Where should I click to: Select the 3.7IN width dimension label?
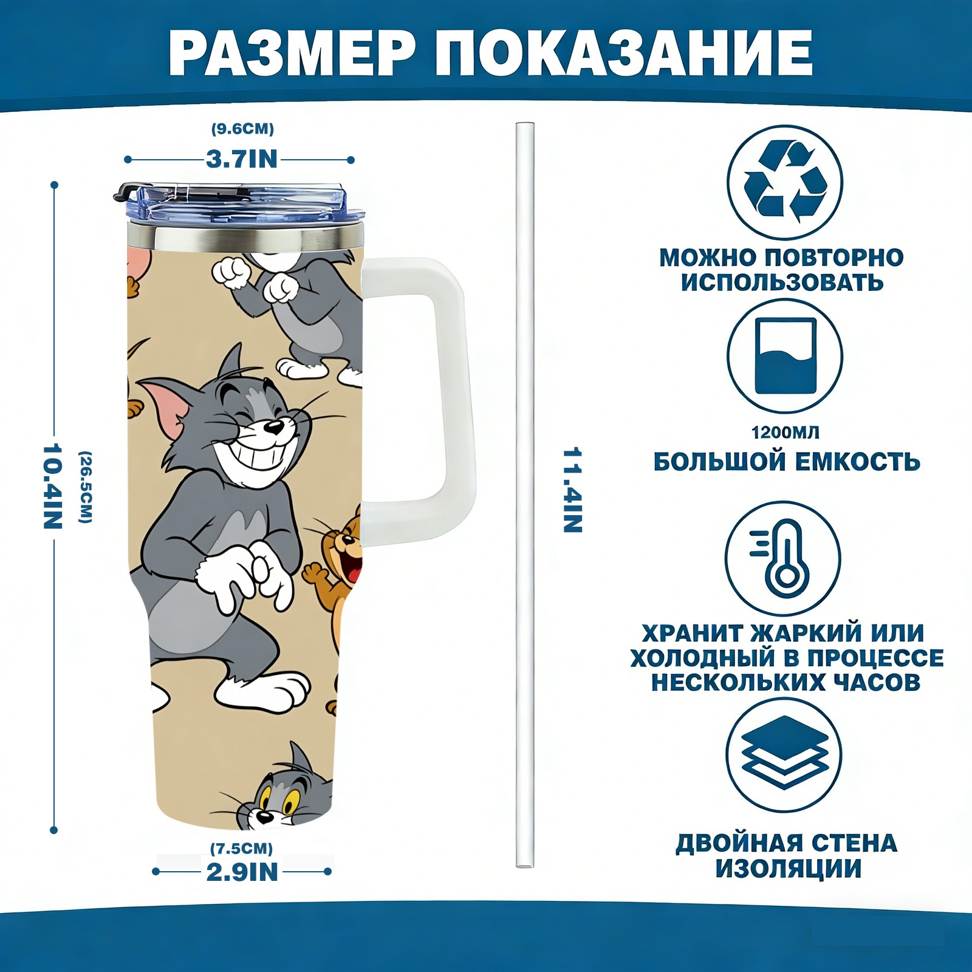click(x=241, y=159)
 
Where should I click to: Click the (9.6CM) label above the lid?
click(x=242, y=129)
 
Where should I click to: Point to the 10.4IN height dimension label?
click(x=53, y=486)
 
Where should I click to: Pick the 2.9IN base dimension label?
click(x=242, y=872)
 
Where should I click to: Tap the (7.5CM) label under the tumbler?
click(x=241, y=848)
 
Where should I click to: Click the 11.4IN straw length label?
click(x=573, y=490)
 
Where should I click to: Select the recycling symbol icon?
click(x=785, y=182)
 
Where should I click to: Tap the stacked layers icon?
click(x=784, y=755)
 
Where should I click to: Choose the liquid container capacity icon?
click(x=785, y=356)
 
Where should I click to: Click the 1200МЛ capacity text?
click(x=785, y=433)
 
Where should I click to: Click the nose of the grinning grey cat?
click(x=275, y=427)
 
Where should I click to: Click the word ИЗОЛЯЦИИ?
click(x=788, y=869)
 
